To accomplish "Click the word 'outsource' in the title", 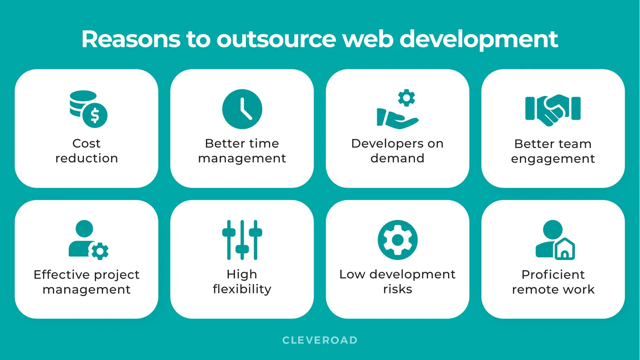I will pos(277,39).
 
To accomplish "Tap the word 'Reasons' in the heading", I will pos(131,39).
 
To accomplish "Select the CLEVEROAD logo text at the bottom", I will pos(320,340).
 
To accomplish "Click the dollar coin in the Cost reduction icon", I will pos(95,115).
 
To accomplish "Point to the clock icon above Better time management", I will pos(242,109).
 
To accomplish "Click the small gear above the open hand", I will pos(406,98).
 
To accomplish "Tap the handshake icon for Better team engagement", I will pos(553,109).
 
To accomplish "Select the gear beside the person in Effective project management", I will pos(99,251).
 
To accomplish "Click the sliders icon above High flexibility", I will pos(242,240).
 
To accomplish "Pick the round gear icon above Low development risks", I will pos(397,240).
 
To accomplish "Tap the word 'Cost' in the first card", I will pos(86,143).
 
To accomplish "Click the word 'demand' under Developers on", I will pos(397,158).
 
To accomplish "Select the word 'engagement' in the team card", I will pos(553,159).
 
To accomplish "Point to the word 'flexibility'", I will pos(242,289).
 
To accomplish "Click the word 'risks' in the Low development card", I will pos(397,289).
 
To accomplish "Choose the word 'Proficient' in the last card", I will pos(553,274).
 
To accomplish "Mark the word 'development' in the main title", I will pos(479,39).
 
